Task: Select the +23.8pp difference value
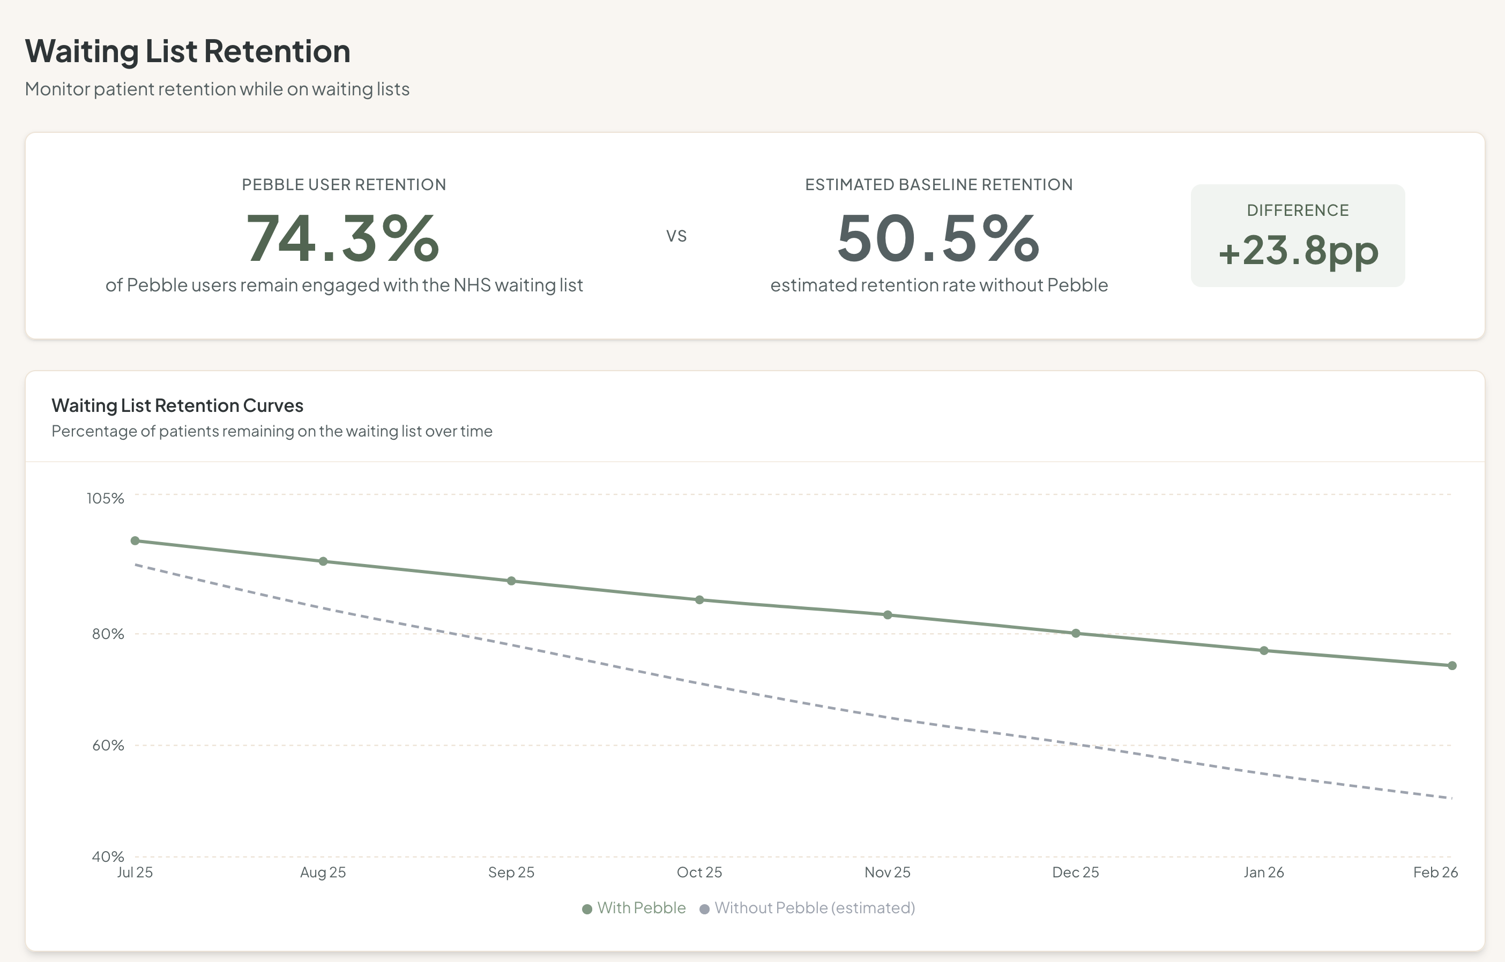[x=1298, y=251]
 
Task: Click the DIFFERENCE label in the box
[x=1298, y=210]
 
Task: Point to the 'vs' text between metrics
[x=676, y=236]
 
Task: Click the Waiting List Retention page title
[x=188, y=51]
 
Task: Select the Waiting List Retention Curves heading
[x=177, y=405]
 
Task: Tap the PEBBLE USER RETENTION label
[x=344, y=184]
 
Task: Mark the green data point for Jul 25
[x=135, y=540]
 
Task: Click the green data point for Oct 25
[x=699, y=600]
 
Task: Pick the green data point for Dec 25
[x=1076, y=633]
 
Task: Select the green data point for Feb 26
[x=1452, y=665]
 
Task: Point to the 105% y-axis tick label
[x=105, y=498]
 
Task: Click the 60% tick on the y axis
[x=108, y=745]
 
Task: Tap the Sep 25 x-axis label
[x=511, y=872]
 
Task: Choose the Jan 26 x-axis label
[x=1263, y=872]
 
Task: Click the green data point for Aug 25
[x=323, y=561]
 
